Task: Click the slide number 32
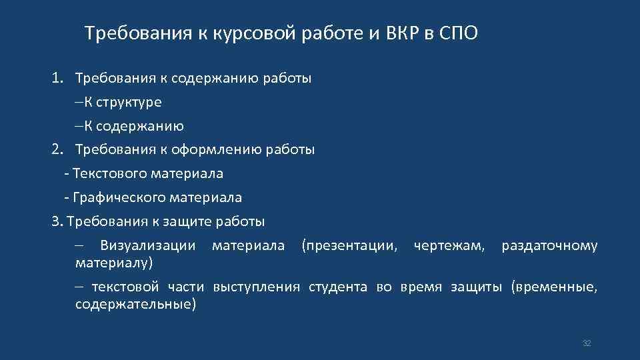[587, 343]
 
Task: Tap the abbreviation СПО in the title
[459, 33]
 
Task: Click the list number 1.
[57, 78]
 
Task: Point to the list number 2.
[57, 149]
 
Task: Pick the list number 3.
[56, 221]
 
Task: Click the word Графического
[115, 197]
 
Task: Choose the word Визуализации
[148, 246]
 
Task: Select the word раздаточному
[549, 246]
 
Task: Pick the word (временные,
[554, 287]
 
